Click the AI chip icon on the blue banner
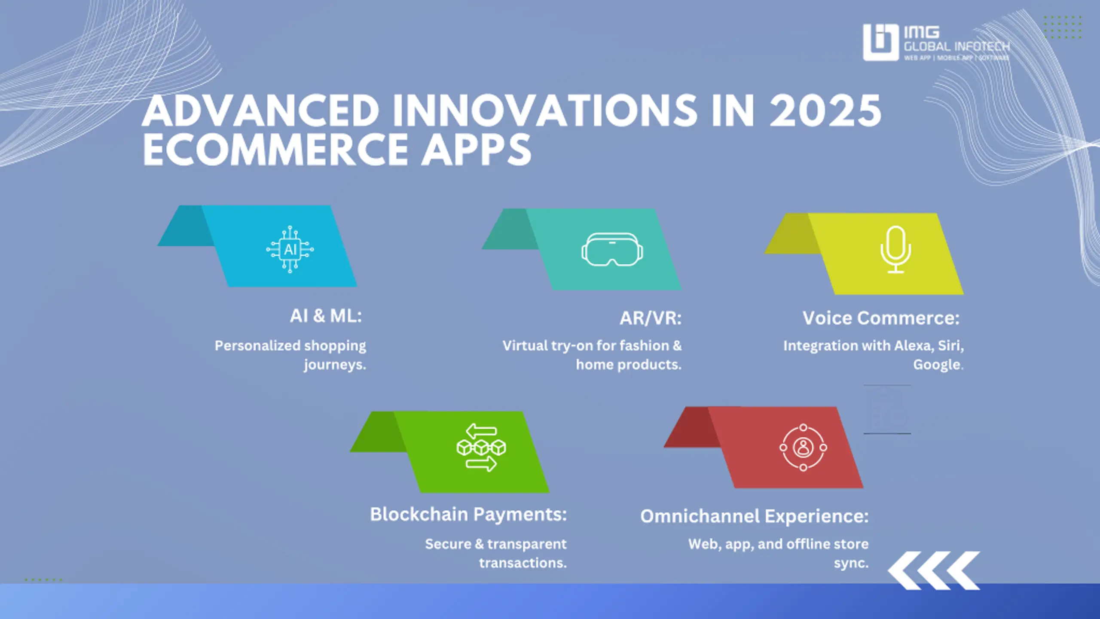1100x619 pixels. click(x=290, y=249)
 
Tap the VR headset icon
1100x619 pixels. click(x=612, y=249)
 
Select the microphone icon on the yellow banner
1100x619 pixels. click(x=895, y=249)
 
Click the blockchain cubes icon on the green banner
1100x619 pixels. click(x=481, y=447)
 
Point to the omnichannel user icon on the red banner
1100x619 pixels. click(x=803, y=447)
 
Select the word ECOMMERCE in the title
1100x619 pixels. click(x=275, y=149)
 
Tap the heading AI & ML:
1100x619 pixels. click(x=326, y=316)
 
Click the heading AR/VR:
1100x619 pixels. click(x=651, y=318)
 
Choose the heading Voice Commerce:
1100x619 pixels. click(x=881, y=318)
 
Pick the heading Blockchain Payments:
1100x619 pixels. click(x=468, y=514)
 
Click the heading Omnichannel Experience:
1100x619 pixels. click(x=755, y=516)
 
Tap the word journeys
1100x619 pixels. click(x=335, y=365)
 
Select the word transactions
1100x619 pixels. click(x=523, y=563)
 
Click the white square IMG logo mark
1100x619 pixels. click(x=881, y=42)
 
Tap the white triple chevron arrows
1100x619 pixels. click(x=934, y=570)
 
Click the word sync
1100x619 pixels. click(x=851, y=563)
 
